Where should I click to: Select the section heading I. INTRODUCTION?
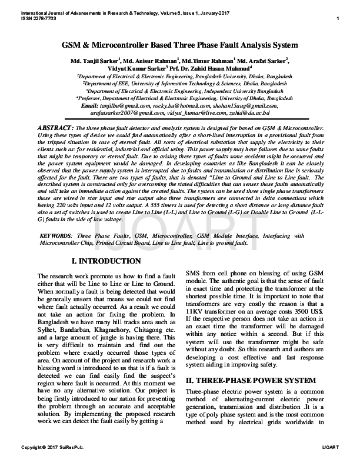(106, 261)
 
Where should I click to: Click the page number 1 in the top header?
(338, 19)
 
